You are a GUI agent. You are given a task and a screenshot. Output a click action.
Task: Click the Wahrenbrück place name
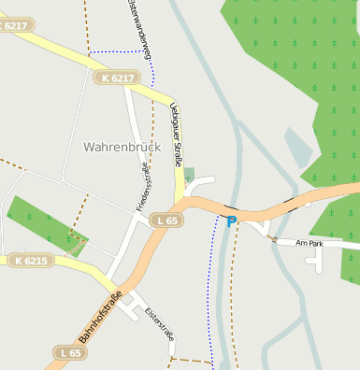point(122,147)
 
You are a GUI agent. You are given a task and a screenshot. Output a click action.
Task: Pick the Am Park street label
point(308,243)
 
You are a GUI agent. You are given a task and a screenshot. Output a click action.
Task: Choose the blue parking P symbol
point(232,221)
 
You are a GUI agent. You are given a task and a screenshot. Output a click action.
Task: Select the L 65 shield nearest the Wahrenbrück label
point(167,220)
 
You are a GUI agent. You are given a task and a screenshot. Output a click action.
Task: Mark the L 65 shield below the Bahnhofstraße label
point(69,352)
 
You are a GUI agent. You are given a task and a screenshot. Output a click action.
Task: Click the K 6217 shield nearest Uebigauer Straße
point(116,78)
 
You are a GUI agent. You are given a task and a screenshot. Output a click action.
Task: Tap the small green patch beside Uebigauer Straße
point(190,175)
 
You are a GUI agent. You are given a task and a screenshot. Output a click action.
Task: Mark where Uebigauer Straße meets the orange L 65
point(180,201)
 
